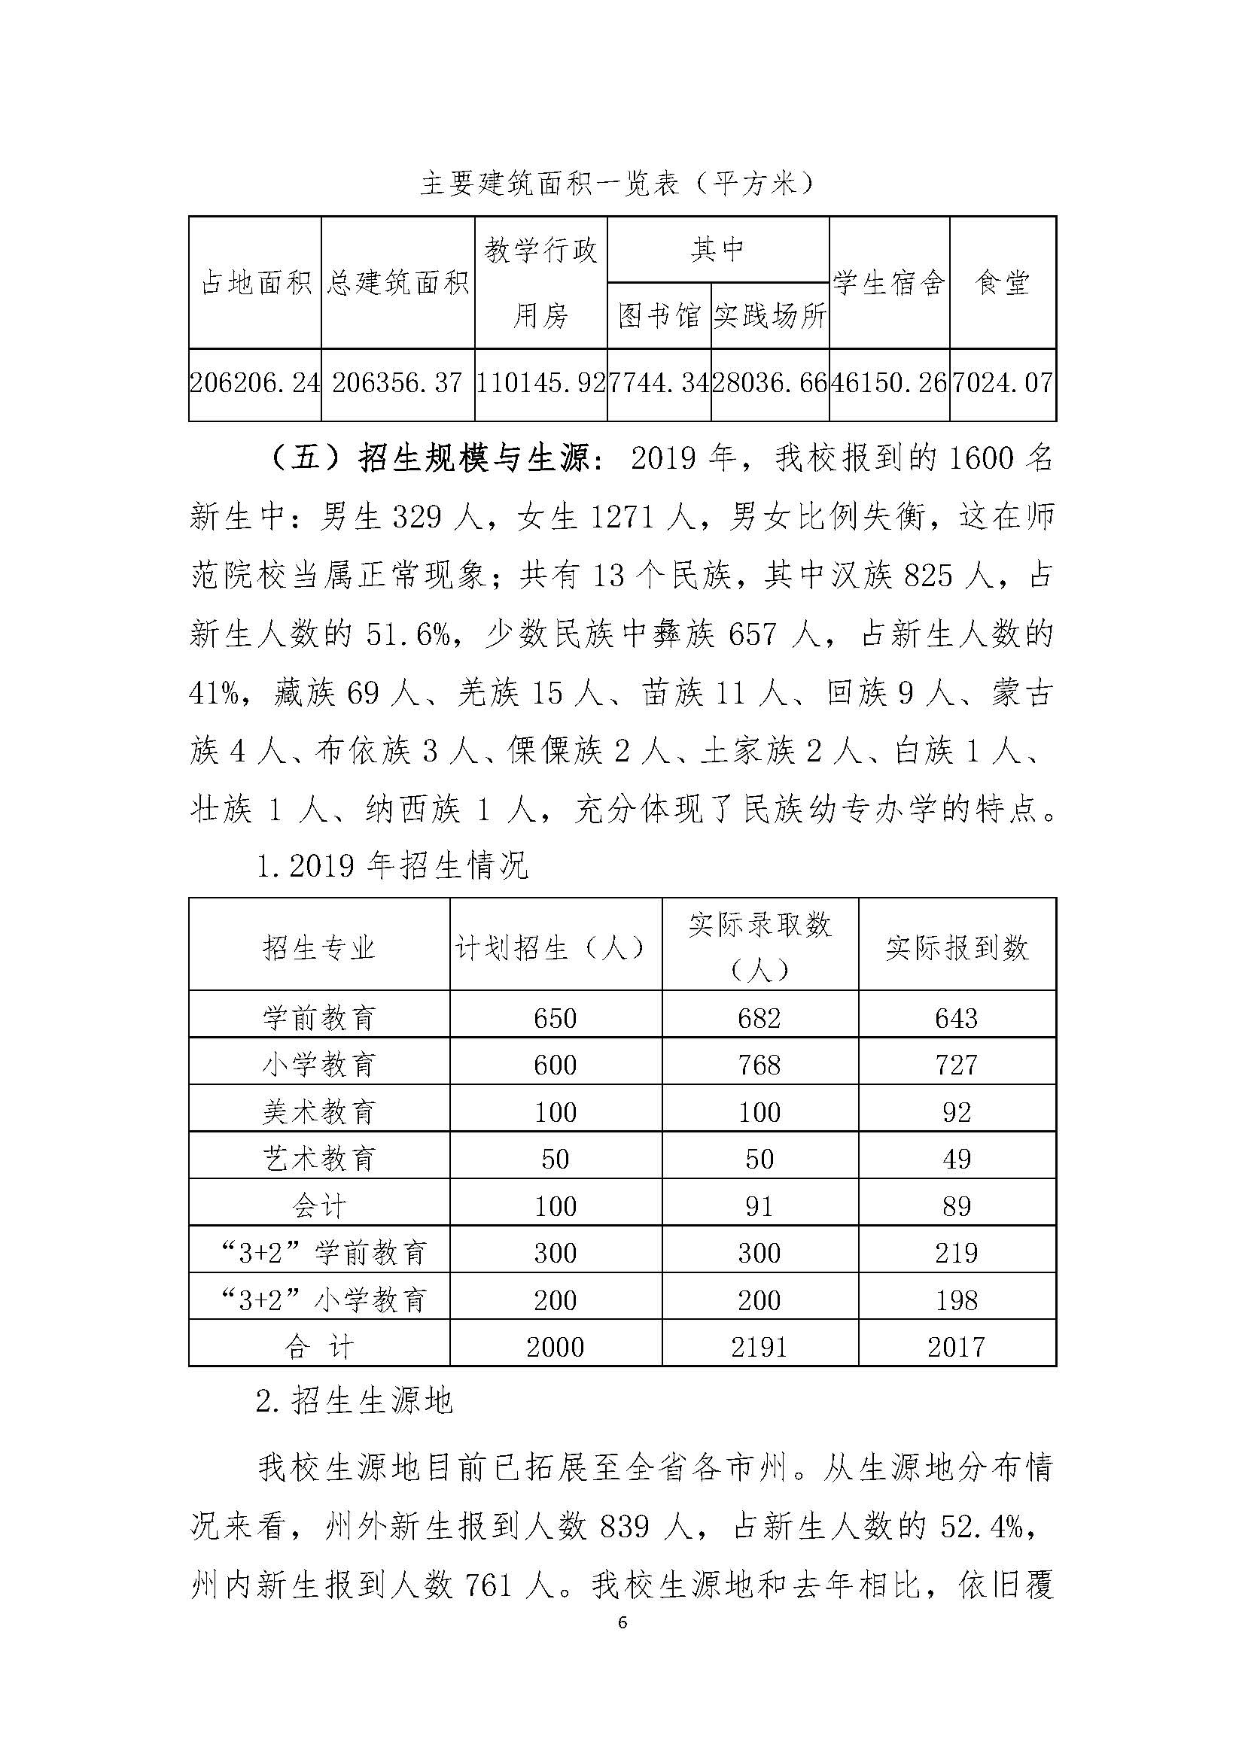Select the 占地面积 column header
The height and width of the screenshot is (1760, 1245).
pos(255,283)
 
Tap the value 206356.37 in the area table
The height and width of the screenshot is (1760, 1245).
pos(397,383)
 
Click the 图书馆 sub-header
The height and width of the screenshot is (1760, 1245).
pos(659,316)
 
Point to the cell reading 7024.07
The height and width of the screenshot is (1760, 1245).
pos(1002,383)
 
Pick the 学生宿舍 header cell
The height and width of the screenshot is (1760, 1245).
pos(888,283)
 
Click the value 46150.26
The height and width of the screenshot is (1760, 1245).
pos(888,383)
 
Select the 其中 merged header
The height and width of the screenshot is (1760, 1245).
pos(717,250)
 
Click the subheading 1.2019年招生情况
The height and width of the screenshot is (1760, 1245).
pos(391,866)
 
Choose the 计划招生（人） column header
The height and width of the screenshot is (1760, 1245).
pos(555,948)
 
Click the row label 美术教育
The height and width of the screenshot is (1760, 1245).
pos(319,1111)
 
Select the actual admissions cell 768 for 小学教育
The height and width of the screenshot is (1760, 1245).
pos(759,1065)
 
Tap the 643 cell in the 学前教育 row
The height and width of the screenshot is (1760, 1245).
pos(956,1018)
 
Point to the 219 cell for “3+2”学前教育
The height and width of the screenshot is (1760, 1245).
pos(956,1254)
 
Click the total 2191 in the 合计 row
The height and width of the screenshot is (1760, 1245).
pos(759,1347)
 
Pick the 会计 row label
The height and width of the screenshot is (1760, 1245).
pos(319,1205)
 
